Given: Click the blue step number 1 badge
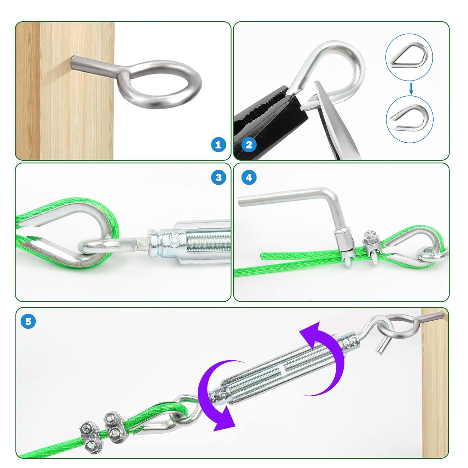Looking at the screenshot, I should pos(218,144).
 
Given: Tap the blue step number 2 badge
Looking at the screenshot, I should pos(249,144).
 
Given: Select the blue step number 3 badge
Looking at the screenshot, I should pos(218,178).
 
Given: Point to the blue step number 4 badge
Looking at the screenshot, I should pos(249,178).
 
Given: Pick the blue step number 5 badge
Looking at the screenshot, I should pos(28,321).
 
